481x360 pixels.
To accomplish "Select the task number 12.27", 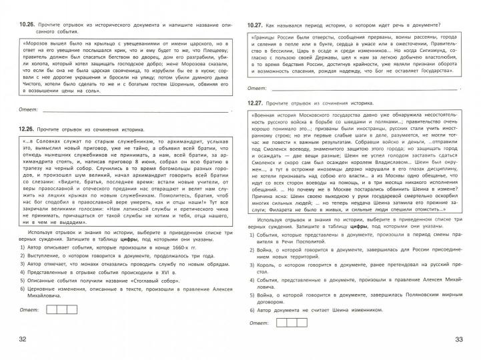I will tap(256, 103).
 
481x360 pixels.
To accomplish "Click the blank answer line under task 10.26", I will tap(133, 107).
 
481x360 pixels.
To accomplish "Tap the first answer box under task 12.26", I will tap(51, 309).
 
